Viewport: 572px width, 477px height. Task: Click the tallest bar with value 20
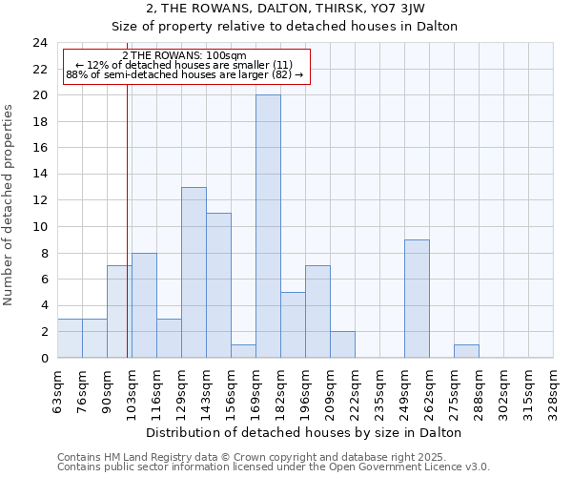click(268, 226)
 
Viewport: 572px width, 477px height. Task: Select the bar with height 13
click(194, 272)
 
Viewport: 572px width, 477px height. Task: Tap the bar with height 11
click(218, 285)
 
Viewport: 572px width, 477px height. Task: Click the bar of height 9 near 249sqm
click(417, 299)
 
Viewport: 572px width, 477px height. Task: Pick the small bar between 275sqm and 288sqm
click(466, 351)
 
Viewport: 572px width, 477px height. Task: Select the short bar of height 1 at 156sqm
click(243, 351)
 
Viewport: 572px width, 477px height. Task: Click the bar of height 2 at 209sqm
click(342, 344)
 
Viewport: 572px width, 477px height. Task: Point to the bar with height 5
click(293, 324)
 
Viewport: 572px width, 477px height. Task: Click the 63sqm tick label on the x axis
click(58, 390)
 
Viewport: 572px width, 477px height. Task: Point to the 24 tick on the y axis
click(40, 43)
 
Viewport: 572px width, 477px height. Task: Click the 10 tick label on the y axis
click(40, 227)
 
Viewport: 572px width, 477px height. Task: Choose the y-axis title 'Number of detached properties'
click(10, 206)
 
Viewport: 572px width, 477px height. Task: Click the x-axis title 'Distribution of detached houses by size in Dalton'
click(304, 432)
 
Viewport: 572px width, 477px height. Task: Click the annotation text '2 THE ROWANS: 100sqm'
click(185, 55)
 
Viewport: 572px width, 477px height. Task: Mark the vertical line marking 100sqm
click(127, 238)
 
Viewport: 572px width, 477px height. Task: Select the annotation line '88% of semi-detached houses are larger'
click(185, 74)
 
